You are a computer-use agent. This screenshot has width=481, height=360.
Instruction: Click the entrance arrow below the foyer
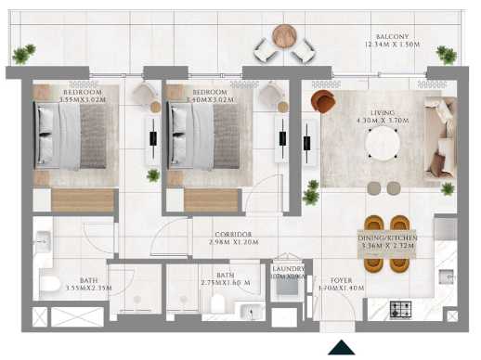[x=343, y=347]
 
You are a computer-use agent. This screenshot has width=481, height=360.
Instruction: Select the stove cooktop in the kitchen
[x=402, y=309]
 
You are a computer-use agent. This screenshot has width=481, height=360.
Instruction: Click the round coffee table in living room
[x=382, y=142]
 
